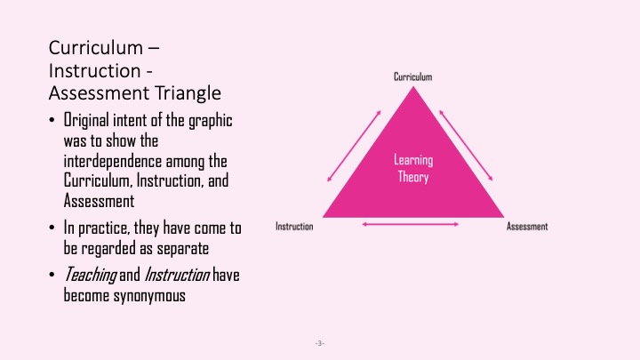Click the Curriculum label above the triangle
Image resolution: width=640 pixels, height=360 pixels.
point(413,77)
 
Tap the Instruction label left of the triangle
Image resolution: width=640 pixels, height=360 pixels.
point(294,227)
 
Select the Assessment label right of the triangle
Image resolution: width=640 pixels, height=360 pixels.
point(527,227)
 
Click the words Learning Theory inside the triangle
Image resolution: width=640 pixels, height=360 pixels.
point(412,168)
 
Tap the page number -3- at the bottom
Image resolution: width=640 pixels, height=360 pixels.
point(320,342)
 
